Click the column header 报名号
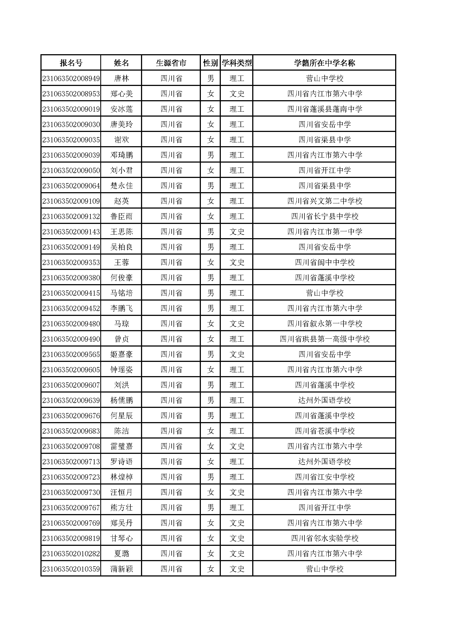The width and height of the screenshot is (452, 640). coord(71,63)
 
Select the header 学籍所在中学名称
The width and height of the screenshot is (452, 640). coord(325,63)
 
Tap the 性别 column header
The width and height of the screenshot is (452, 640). coord(210,63)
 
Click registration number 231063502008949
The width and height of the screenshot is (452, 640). coord(71,79)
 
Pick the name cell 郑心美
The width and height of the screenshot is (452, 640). coord(121,94)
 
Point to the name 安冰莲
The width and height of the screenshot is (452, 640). coord(121,109)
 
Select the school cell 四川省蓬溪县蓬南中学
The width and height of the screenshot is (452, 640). coord(325,109)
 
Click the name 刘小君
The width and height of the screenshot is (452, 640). coord(121,171)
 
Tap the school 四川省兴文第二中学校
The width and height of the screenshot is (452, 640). coord(325,201)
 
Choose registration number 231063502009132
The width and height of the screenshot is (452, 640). coord(71,217)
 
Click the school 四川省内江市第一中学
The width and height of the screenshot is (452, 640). coord(325,232)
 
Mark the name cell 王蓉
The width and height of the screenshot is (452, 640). coord(121,263)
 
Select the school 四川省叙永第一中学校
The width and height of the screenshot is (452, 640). coord(325,324)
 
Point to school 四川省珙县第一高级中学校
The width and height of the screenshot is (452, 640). coord(325,339)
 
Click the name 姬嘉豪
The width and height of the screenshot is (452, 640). coord(121,354)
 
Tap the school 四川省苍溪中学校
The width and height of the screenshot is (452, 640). coord(325,431)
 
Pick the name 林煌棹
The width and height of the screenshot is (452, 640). coord(121,477)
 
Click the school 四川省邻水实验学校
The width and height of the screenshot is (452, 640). coord(325,538)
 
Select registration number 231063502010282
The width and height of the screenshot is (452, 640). coord(71,554)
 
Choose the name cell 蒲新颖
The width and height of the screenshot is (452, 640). coord(121,569)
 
